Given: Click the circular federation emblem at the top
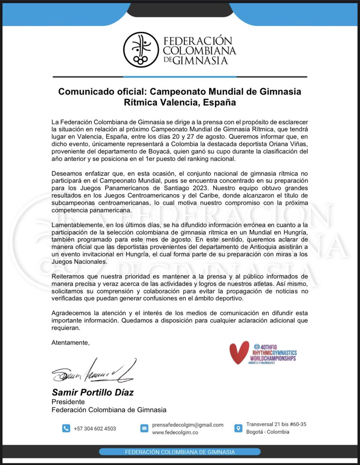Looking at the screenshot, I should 141,50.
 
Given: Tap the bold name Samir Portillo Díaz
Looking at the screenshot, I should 93,392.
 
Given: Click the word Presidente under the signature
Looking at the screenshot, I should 68,402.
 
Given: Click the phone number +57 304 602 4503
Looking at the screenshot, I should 95,429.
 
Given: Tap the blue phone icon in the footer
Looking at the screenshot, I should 66,429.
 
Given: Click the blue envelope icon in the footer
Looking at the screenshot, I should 144,429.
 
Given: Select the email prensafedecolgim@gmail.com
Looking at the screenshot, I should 188,425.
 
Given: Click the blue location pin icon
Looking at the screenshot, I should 238,428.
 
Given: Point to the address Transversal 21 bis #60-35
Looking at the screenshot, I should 276,424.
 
